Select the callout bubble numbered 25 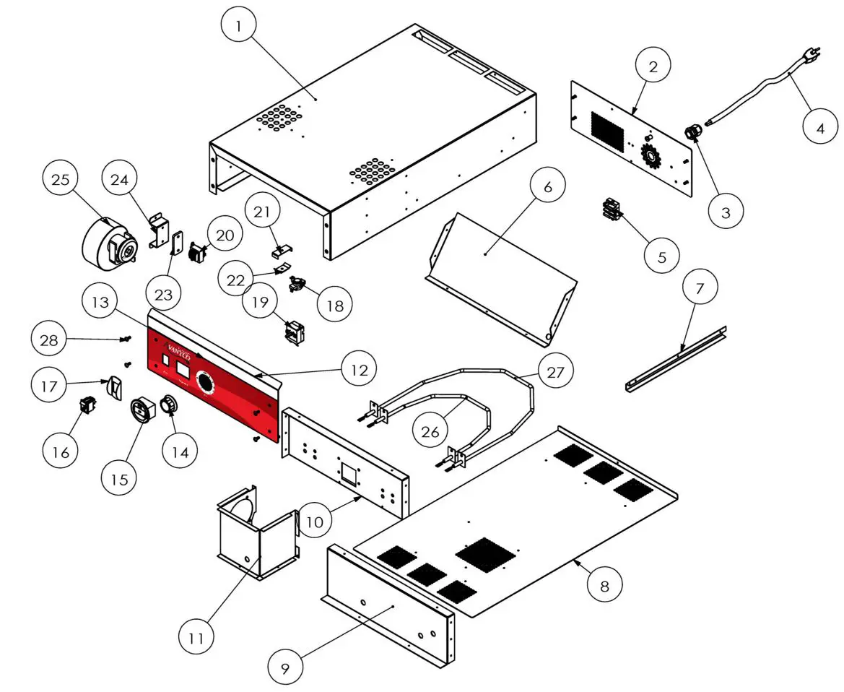[61, 178]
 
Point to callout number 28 [50, 339]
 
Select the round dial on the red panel [206, 383]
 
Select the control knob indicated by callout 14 [169, 405]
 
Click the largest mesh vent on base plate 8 [485, 553]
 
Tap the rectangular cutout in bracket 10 [349, 473]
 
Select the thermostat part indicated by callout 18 [297, 285]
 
